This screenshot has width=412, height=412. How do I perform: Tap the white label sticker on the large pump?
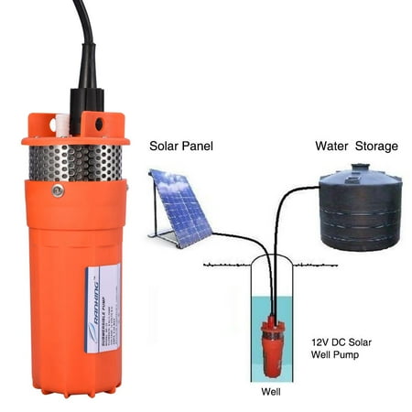click(x=103, y=308)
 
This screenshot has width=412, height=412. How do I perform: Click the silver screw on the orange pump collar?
click(x=58, y=190)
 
